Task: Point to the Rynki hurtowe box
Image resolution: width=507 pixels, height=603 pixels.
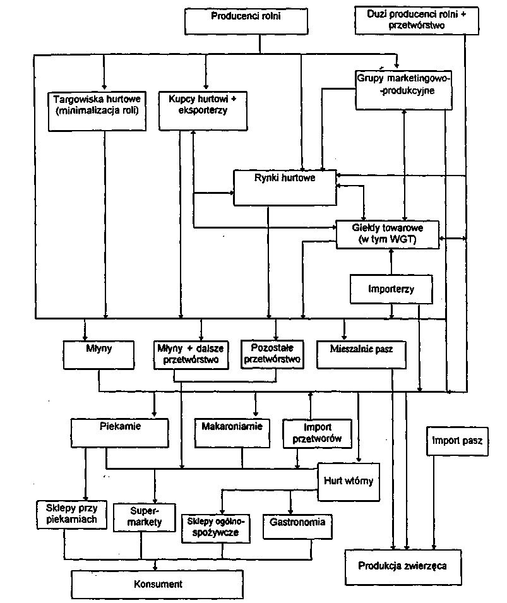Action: pos(285,187)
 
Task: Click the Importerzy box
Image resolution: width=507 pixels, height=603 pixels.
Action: pos(391,290)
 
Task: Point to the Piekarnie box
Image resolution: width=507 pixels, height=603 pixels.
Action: pos(120,433)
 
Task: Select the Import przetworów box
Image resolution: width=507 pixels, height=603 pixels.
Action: pos(317,433)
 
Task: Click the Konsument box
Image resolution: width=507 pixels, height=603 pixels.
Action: pos(157,584)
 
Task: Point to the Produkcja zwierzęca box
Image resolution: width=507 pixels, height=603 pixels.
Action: pos(402,566)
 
